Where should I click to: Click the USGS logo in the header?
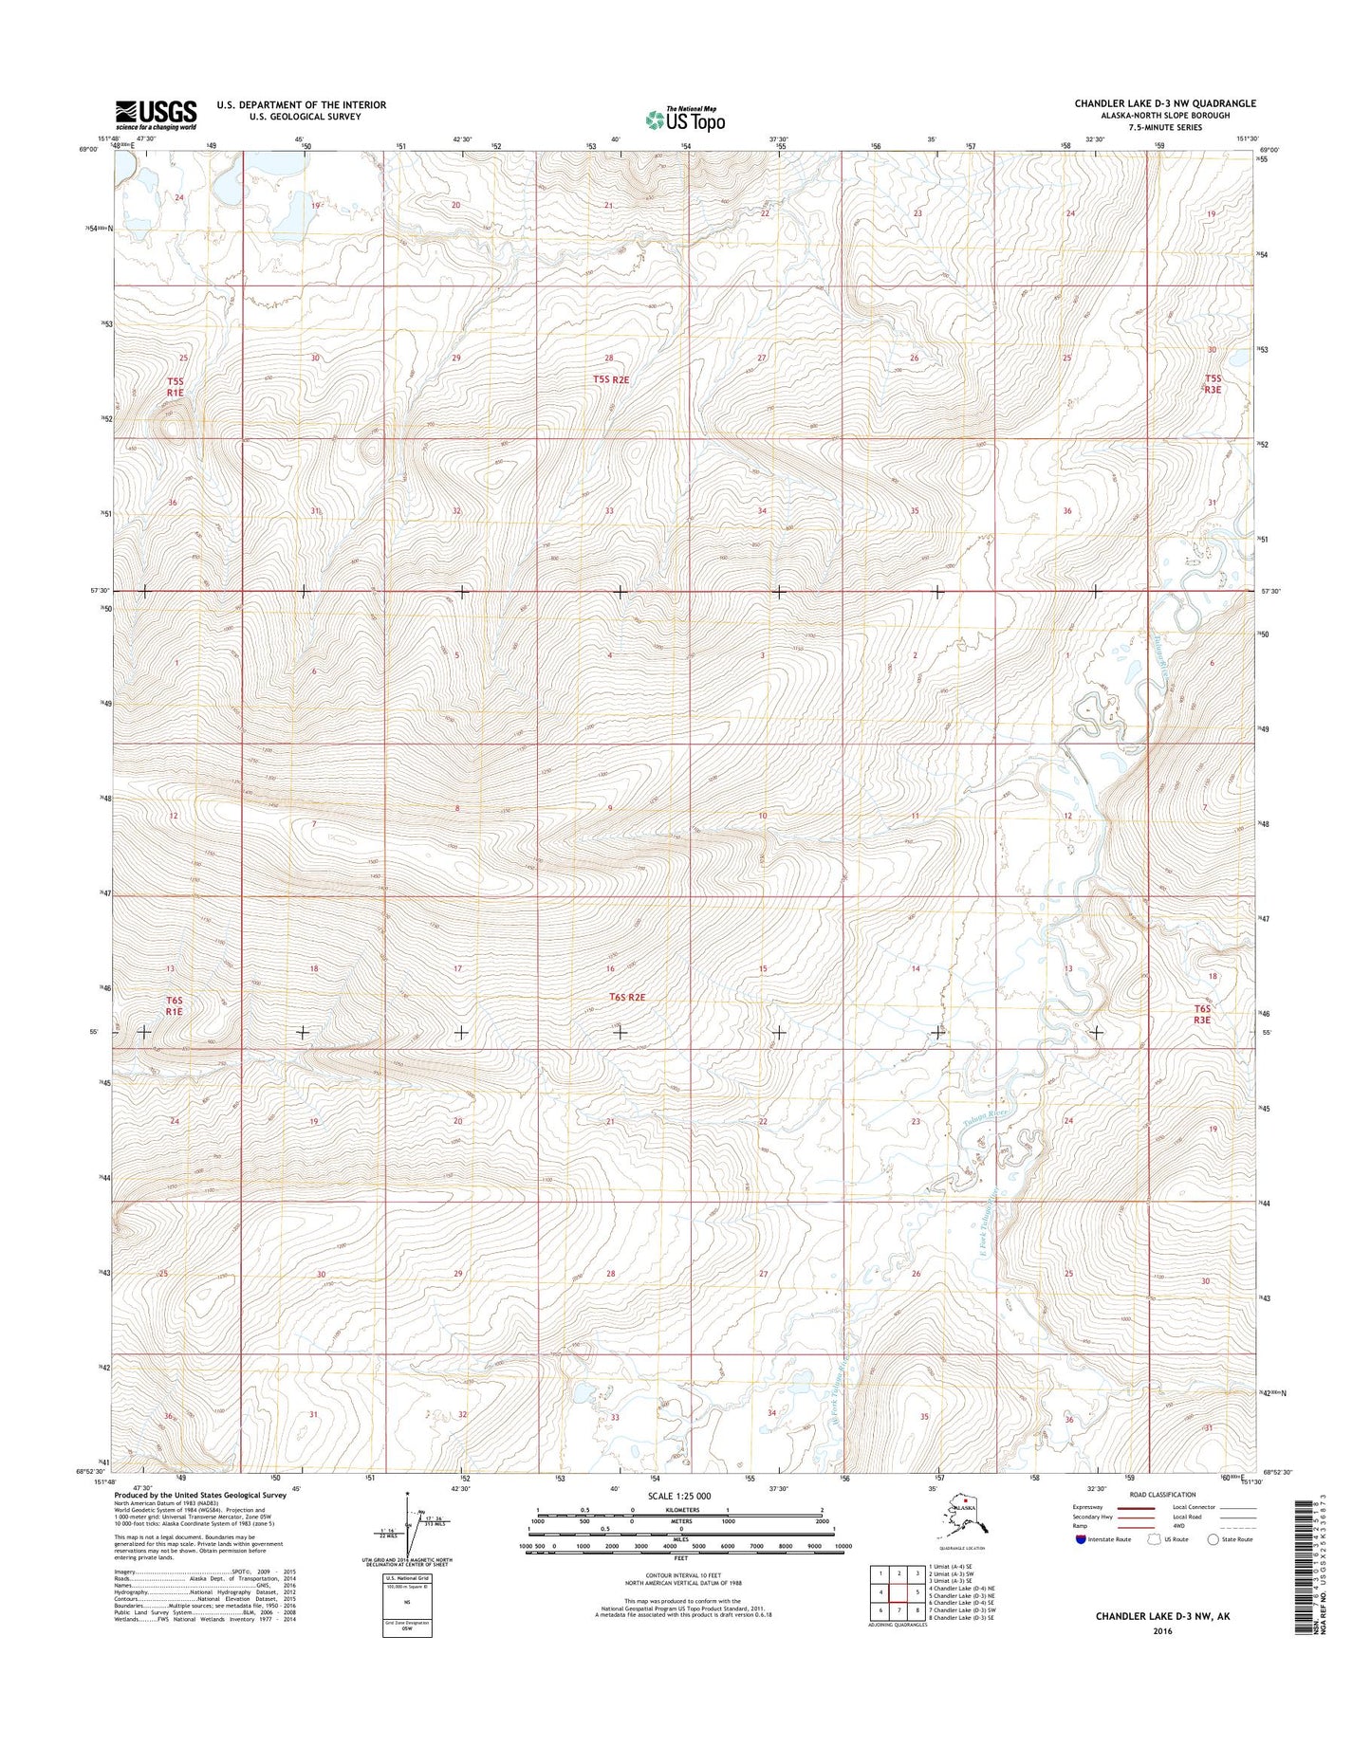(156, 115)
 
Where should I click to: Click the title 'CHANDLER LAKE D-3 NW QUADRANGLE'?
(1165, 103)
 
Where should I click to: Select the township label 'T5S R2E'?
(611, 379)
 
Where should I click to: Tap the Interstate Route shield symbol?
(1082, 1539)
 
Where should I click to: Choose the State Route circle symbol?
(1214, 1539)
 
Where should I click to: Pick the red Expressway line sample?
(1141, 1507)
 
